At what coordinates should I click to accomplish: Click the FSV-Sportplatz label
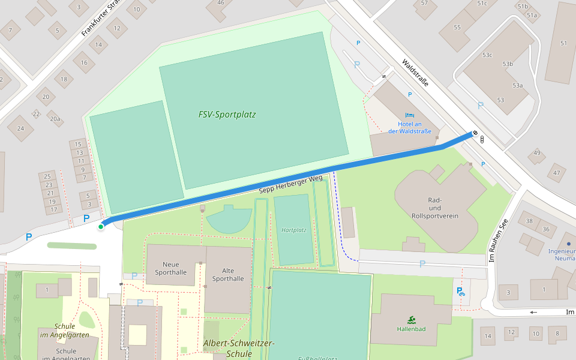coord(227,115)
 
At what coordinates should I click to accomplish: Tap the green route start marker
coord(101,226)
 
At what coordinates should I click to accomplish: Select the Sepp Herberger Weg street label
coord(290,184)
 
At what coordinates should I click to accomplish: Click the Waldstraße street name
coord(415,73)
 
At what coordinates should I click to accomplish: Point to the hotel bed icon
coord(409,115)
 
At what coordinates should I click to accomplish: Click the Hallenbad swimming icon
coord(411,319)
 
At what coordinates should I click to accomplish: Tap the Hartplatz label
coord(294,230)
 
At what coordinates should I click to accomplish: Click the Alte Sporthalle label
coord(228,274)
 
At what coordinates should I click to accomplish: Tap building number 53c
coord(487,55)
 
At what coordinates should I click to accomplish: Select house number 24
coord(21,128)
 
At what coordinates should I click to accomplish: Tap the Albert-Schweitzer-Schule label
coord(238,348)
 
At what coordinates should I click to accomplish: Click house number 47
coord(556,173)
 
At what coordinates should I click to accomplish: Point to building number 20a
coord(55,119)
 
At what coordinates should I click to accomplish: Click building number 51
coord(563,43)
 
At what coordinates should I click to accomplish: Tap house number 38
coord(529,221)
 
